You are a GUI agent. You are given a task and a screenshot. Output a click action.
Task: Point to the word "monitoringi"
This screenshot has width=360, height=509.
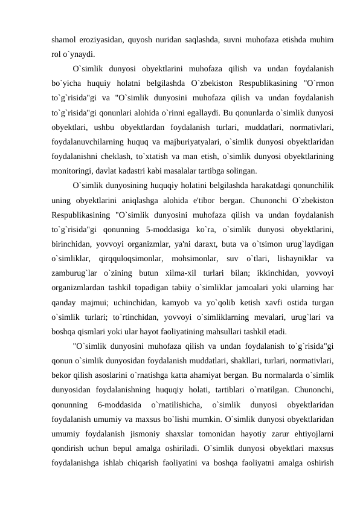(x=75, y=170)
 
